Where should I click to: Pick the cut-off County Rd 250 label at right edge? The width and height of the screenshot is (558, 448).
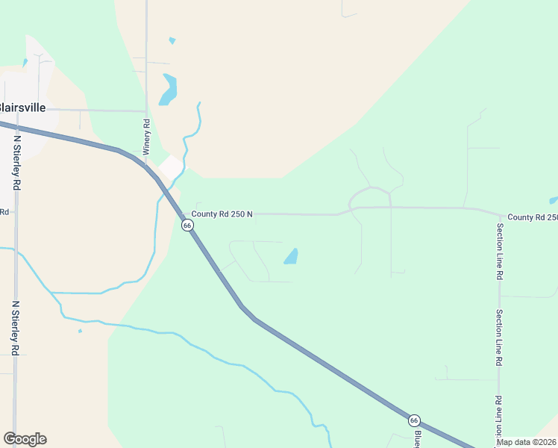532,217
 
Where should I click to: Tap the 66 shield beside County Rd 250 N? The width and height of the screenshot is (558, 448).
187,225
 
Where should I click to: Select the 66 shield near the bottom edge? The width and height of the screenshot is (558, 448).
414,420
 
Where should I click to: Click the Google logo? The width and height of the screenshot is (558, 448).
25,439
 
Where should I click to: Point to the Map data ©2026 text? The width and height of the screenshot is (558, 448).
527,442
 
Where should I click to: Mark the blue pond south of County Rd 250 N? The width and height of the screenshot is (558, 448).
291,257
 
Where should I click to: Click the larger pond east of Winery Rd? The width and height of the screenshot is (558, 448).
169,90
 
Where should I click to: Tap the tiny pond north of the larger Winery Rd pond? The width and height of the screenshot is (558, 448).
172,40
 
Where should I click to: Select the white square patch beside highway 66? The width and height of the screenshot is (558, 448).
171,167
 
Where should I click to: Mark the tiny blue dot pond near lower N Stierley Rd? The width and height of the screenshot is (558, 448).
80,331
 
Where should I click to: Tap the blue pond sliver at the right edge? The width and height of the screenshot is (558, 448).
554,200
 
